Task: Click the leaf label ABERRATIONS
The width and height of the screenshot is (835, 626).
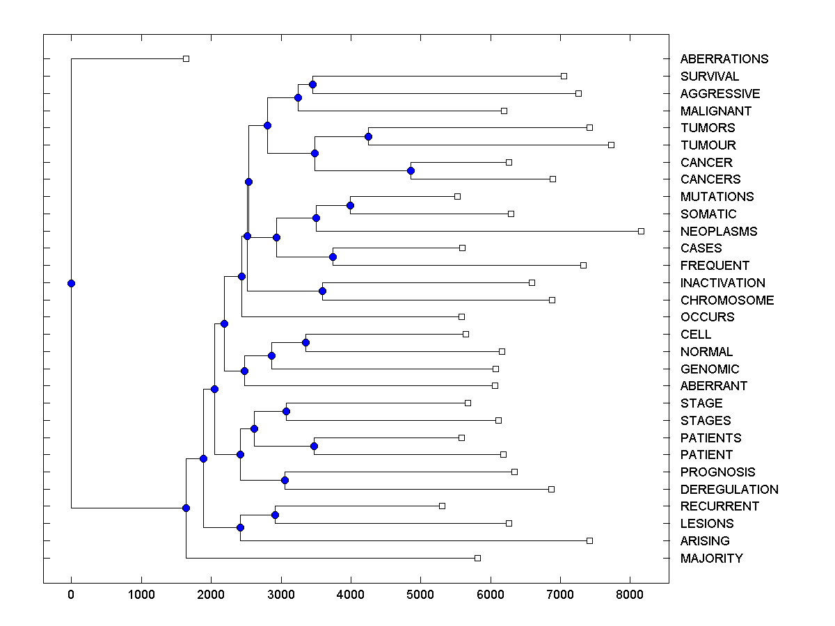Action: click(724, 59)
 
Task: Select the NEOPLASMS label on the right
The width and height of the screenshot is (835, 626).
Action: click(719, 231)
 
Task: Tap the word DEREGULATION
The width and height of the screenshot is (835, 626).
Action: click(729, 489)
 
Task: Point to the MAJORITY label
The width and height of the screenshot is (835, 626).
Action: click(711, 558)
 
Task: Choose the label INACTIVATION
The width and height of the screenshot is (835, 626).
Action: click(722, 282)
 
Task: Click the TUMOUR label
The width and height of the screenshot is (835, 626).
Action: click(708, 145)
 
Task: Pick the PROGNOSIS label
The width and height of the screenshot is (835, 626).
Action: click(717, 472)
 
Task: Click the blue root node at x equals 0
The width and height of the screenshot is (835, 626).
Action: click(71, 283)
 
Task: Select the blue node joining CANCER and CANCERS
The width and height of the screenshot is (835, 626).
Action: click(411, 170)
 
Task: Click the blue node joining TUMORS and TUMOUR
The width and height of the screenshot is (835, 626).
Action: click(368, 136)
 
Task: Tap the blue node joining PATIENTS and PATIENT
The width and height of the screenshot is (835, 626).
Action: click(314, 446)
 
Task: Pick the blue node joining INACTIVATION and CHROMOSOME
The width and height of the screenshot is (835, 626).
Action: click(322, 291)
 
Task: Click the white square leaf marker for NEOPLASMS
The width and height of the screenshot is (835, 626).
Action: click(641, 231)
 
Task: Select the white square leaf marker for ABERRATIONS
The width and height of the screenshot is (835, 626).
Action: click(186, 58)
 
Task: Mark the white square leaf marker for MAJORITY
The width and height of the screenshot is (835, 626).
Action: click(477, 558)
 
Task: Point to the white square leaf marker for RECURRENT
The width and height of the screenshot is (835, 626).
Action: click(442, 506)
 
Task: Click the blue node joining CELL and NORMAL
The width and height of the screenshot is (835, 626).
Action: click(305, 342)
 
